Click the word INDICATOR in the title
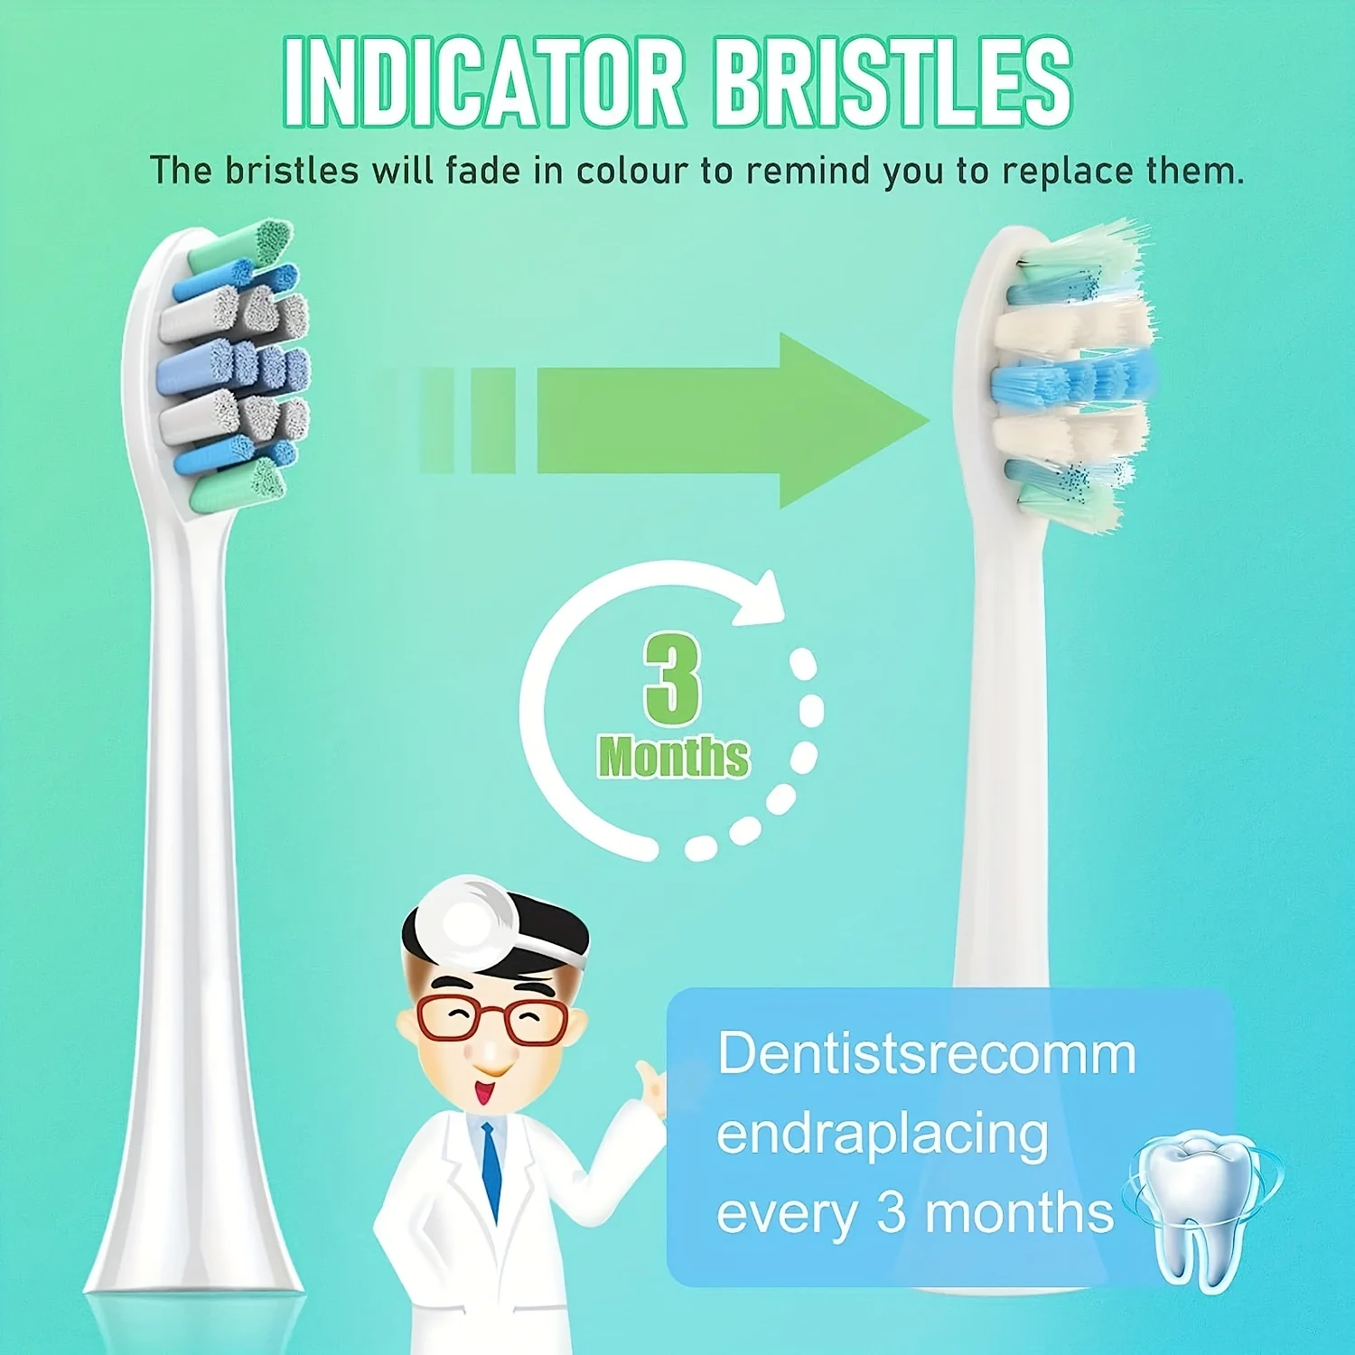[484, 83]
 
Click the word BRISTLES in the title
[892, 83]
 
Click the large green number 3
[673, 678]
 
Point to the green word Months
[673, 757]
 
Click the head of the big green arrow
[854, 421]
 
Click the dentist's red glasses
[492, 1018]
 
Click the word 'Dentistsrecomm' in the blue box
[927, 1053]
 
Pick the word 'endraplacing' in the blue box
[883, 1136]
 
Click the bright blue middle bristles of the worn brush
[1071, 380]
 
